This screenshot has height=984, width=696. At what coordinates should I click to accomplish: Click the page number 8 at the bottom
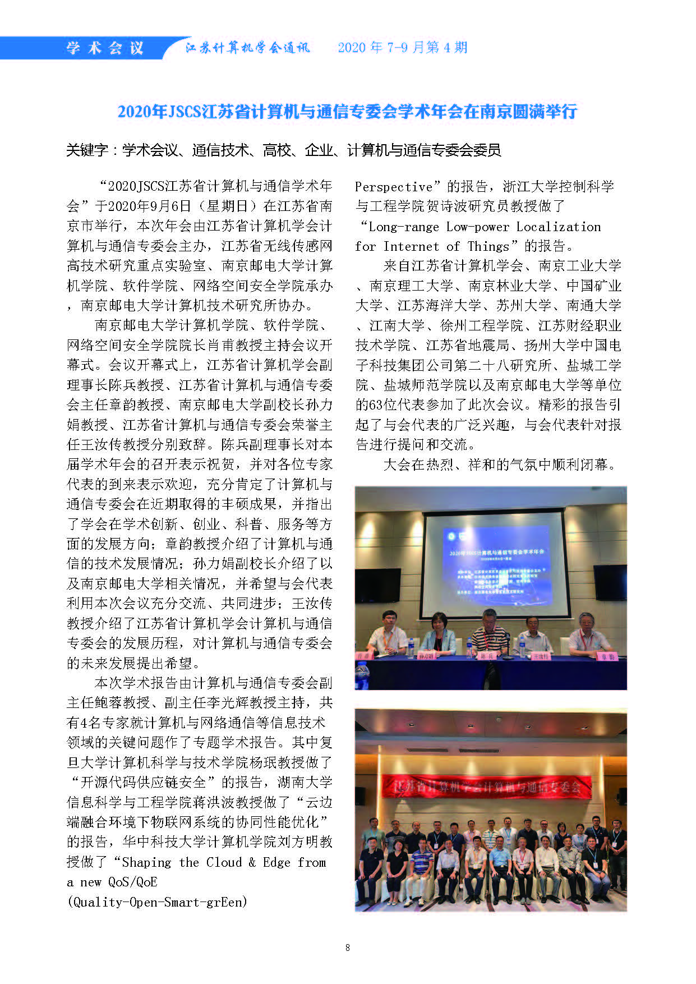tap(348, 948)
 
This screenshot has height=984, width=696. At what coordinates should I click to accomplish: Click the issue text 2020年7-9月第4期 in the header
tap(402, 48)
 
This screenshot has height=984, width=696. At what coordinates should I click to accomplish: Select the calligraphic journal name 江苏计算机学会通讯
tap(247, 48)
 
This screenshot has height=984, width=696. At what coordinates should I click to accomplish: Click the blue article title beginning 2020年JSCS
tap(347, 111)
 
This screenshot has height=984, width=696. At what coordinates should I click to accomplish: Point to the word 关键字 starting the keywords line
tap(87, 150)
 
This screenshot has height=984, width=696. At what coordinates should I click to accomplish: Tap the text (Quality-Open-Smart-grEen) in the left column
tap(157, 902)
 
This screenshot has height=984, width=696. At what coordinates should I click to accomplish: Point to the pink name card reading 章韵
tap(606, 656)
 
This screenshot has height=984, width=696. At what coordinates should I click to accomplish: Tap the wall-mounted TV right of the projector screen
tap(610, 582)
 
